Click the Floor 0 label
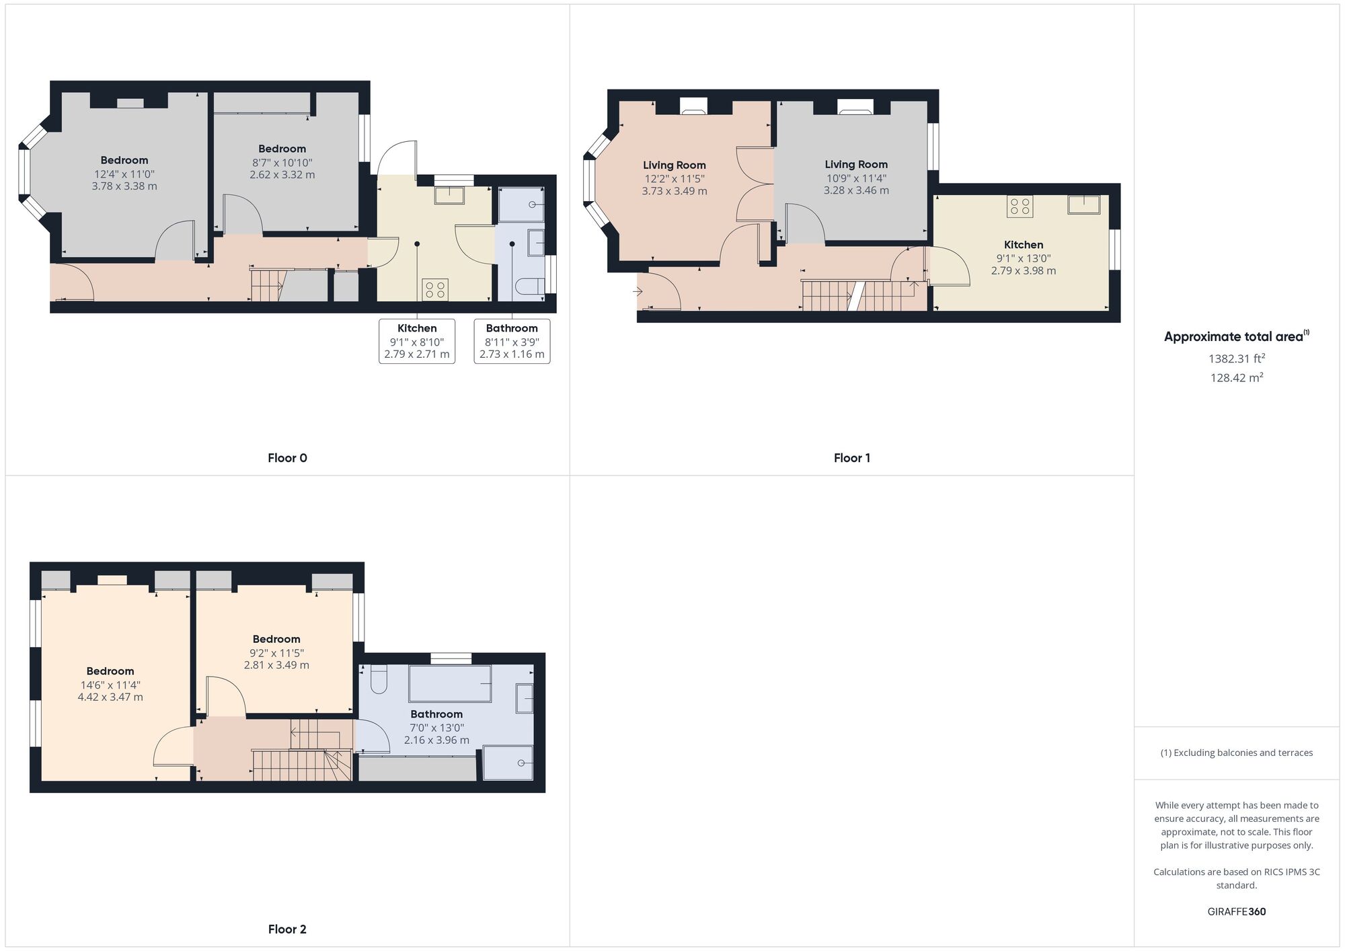click(x=287, y=458)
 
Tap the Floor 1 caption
click(x=851, y=458)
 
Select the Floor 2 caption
click(x=287, y=929)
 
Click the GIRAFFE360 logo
click(x=1236, y=912)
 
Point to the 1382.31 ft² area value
click(x=1236, y=358)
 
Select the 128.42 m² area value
click(x=1236, y=377)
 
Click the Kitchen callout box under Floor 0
click(x=417, y=341)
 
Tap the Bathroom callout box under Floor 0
click(x=512, y=341)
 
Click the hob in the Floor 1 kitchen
click(x=1020, y=206)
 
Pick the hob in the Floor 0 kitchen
click(x=435, y=290)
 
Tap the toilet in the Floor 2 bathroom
click(x=379, y=679)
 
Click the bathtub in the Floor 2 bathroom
click(x=450, y=683)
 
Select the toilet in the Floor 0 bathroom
click(x=530, y=287)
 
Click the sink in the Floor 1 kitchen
click(x=1083, y=204)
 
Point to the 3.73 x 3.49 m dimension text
click(x=674, y=191)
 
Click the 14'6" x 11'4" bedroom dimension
click(x=110, y=685)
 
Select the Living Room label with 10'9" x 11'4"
click(x=856, y=164)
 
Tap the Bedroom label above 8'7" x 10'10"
click(x=282, y=149)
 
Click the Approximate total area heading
click(x=1236, y=337)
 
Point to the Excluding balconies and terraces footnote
click(x=1236, y=753)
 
